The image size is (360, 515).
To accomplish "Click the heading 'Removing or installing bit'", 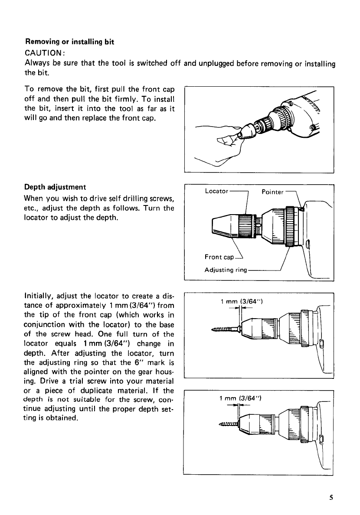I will point(69,42).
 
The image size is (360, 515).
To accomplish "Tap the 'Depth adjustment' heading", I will point(55,187).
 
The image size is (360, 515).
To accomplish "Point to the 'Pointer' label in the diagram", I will point(272,192).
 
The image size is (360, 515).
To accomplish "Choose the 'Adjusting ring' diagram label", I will point(225,270).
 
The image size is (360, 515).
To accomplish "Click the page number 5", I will point(331,498).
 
